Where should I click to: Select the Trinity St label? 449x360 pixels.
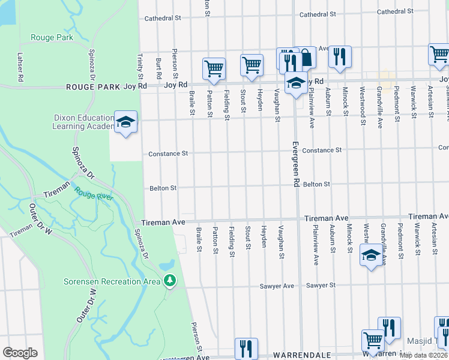pos(140,67)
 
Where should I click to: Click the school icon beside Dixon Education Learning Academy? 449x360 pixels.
pos(125,122)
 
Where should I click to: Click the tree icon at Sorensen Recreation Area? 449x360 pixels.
pos(170,280)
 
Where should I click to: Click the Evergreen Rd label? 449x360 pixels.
pos(295,166)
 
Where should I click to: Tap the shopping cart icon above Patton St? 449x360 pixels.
pos(214,68)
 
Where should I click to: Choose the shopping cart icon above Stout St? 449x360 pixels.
pos(252,65)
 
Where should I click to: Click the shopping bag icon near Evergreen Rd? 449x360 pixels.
pos(306,58)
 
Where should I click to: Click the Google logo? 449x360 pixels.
pos(20,353)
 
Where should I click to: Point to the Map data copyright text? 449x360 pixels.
pos(424,355)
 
